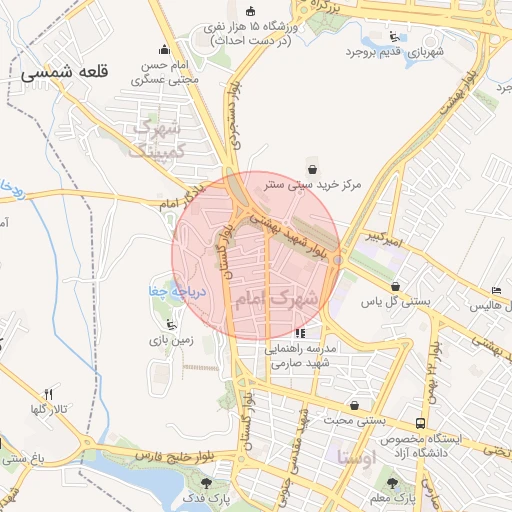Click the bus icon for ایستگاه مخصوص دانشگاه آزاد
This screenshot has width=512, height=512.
pyautogui.click(x=421, y=424)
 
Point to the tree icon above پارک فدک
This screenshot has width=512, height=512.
pyautogui.click(x=207, y=483)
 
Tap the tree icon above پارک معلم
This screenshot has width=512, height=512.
pyautogui.click(x=392, y=483)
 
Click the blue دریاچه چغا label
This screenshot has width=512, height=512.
pyautogui.click(x=176, y=292)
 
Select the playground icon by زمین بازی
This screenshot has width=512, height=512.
pyautogui.click(x=171, y=324)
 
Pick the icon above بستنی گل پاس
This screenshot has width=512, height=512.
pyautogui.click(x=396, y=285)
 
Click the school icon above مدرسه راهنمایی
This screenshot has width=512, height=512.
pyautogui.click(x=299, y=333)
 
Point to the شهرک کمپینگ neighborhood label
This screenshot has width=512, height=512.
pyautogui.click(x=158, y=140)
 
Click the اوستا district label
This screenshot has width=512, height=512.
pyautogui.click(x=357, y=460)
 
